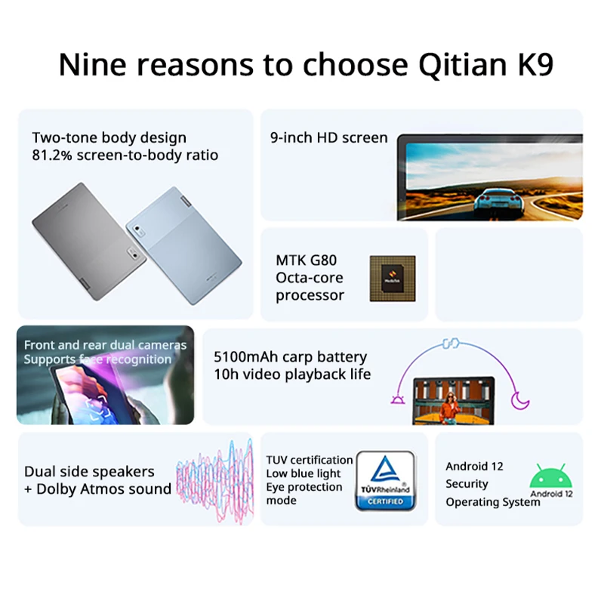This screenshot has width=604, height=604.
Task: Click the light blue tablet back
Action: (186, 245)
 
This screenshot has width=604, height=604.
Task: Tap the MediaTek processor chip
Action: (392, 279)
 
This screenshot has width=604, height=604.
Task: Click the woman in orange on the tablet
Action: (451, 408)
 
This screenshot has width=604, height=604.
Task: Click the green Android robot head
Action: (551, 478)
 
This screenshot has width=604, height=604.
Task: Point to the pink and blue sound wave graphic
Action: (214, 480)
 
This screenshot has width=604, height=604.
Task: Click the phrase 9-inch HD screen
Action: (328, 137)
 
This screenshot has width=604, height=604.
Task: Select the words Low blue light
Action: (304, 473)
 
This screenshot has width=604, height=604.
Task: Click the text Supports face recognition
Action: (97, 359)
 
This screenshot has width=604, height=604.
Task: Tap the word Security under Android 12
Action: (467, 484)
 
